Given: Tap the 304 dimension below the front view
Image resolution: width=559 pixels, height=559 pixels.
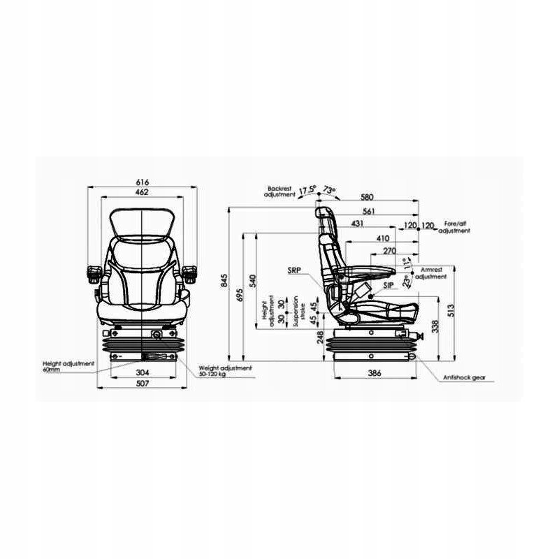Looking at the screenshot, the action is coord(143,372).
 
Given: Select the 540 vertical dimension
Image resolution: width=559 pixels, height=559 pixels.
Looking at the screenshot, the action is coord(253,280).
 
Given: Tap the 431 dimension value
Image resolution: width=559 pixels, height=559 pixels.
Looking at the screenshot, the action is coord(357,224).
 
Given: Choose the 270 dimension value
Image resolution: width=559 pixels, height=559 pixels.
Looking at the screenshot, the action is coord(391,249).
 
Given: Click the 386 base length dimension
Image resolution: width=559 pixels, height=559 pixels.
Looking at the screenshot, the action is coord(375,374).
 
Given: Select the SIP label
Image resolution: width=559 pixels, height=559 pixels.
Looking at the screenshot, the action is coord(387,286).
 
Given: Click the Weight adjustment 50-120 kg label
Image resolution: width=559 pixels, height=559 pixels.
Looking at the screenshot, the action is coord(225,370).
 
